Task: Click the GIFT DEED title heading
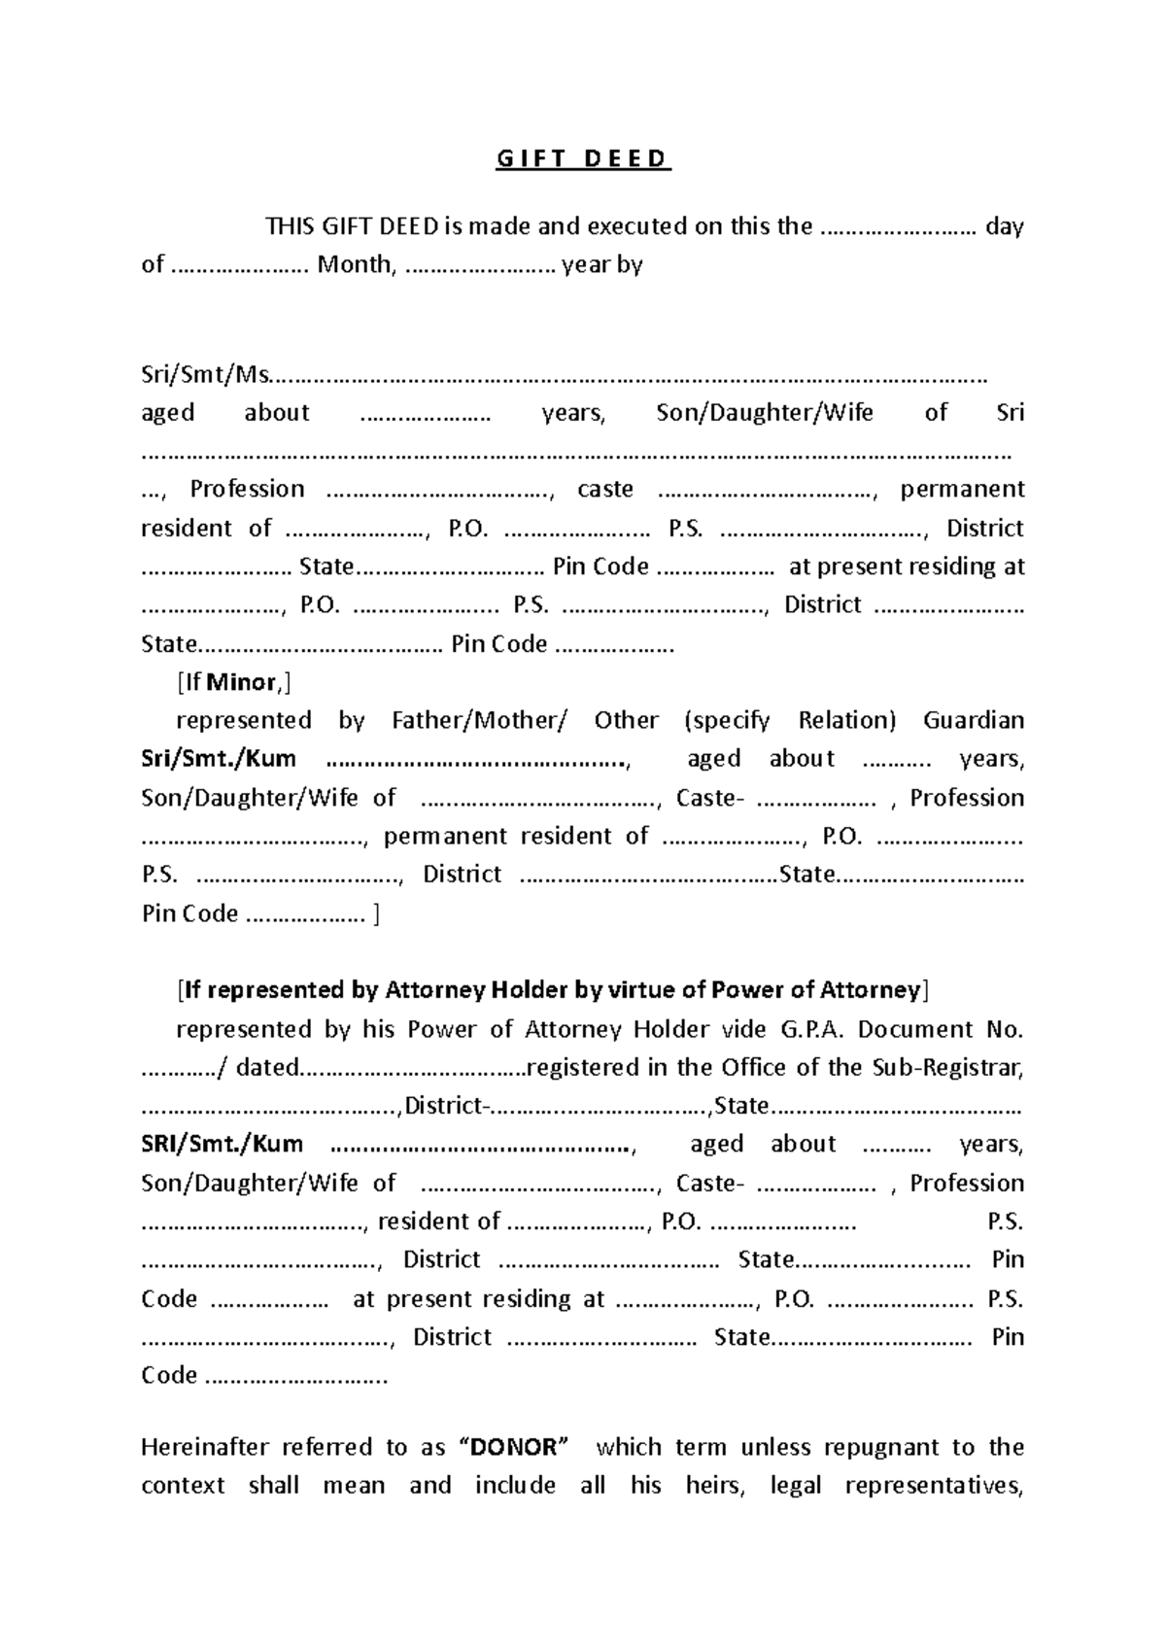583,158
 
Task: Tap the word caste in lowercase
605,489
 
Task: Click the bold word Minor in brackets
242,682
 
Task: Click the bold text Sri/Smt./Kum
219,758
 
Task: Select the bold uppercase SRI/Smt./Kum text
222,1144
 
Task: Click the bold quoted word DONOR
514,1447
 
